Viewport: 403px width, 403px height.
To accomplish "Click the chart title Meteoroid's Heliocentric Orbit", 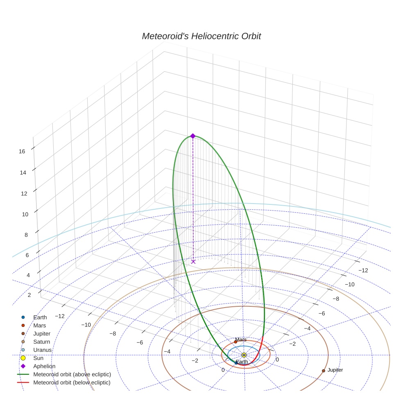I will [201, 36].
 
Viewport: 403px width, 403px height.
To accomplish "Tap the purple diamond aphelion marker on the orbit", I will [193, 136].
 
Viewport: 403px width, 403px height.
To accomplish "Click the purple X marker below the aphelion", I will [193, 261].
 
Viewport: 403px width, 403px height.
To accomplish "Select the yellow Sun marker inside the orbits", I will [244, 355].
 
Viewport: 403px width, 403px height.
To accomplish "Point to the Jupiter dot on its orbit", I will [324, 371].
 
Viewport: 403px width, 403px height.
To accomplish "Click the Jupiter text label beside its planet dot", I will [335, 370].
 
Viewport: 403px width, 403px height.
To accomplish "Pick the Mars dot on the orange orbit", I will [235, 342].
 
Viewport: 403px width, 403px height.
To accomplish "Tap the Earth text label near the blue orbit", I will [242, 362].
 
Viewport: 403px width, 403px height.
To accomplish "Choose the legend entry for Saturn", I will [41, 342].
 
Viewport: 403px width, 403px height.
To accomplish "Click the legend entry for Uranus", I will [42, 350].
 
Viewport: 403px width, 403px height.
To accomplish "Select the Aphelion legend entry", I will [44, 367].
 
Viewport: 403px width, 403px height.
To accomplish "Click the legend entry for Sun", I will [39, 358].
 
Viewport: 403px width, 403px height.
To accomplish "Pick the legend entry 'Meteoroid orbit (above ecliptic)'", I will [72, 374].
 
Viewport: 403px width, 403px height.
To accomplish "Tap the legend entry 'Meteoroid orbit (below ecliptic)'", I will [72, 383].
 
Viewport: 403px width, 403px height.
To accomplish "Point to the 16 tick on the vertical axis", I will [22, 151].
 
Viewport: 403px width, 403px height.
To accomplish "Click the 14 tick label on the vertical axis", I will [23, 172].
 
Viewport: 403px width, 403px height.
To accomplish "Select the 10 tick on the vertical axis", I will [25, 214].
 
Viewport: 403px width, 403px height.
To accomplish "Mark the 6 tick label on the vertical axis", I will [27, 255].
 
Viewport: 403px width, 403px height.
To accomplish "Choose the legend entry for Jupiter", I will [42, 334].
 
